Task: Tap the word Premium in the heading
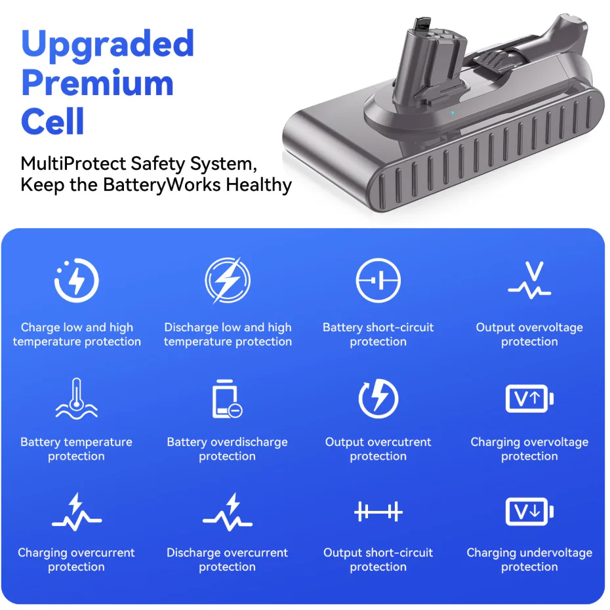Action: [97, 83]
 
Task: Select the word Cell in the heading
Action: [52, 121]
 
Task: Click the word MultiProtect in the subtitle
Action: [73, 164]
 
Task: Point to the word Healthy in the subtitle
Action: [258, 184]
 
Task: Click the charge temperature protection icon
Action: [77, 280]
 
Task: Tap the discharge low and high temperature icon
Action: [228, 280]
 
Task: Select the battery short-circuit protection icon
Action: [378, 280]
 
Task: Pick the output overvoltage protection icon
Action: [529, 280]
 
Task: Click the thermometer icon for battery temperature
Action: [77, 398]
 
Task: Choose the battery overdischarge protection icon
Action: [227, 399]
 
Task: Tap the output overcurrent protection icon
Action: [378, 398]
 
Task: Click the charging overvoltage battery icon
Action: [529, 398]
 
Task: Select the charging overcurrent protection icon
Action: [77, 512]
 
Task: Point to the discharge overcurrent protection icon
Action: [228, 512]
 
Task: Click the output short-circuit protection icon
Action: [378, 512]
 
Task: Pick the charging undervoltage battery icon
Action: [529, 512]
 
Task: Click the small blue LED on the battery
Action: [453, 113]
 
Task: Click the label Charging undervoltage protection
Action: [529, 559]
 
